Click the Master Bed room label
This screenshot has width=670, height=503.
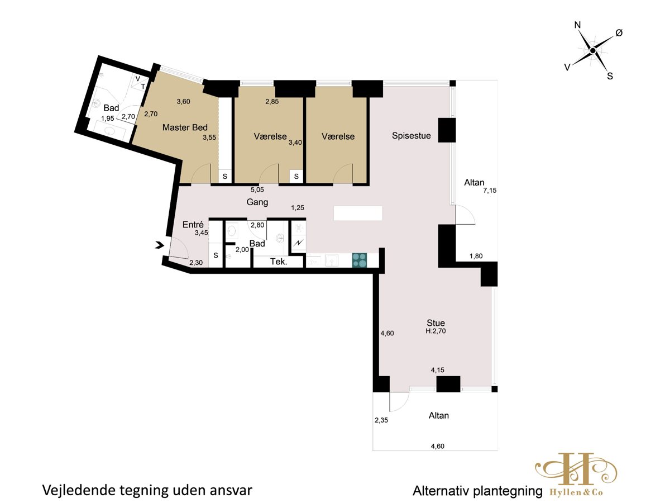pos(185,127)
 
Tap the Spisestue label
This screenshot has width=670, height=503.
pos(411,136)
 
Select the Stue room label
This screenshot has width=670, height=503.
pos(435,323)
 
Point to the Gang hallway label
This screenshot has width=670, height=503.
pos(257,202)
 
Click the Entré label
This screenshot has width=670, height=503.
pos(193,225)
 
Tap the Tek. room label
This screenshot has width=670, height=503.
pos(279,262)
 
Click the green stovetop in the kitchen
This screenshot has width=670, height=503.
pos(360,260)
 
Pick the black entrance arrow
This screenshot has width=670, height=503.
pos(160,245)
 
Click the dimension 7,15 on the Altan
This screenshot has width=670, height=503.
pos(490,190)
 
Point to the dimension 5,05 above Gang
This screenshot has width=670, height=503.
pos(257,189)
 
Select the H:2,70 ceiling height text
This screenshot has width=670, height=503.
pos(435,331)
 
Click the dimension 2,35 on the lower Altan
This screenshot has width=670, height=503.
pos(381,420)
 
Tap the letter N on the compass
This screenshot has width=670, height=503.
pos(577,25)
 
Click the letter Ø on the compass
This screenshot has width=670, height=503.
pos(619,32)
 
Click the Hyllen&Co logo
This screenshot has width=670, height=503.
pos(576,479)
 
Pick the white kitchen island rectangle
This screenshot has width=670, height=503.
pos(358,213)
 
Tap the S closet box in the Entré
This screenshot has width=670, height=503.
pos(216,255)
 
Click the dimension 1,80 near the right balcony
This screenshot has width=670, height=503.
pos(476,256)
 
